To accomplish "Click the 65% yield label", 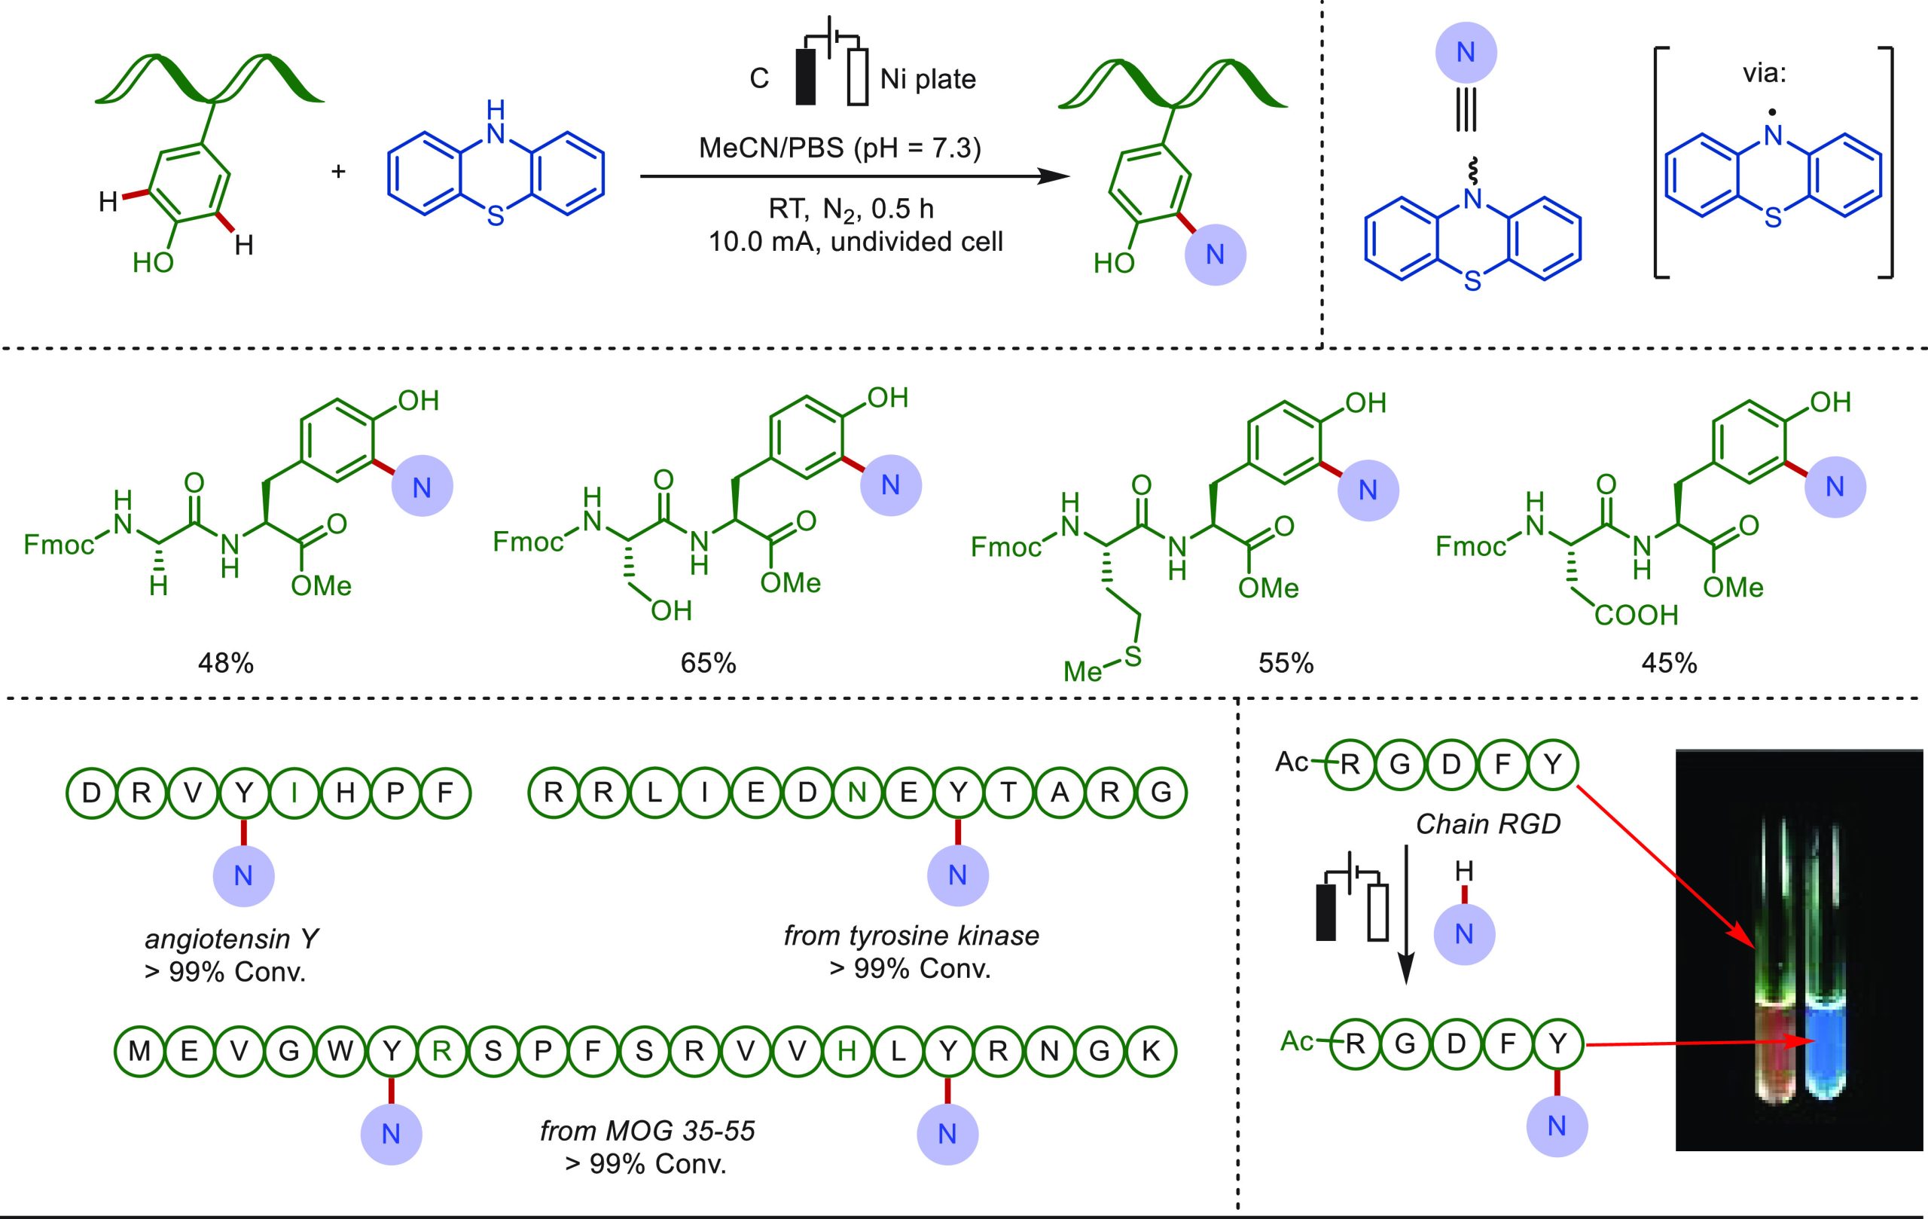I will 708,663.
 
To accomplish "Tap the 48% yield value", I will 226,663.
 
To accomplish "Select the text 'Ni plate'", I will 928,78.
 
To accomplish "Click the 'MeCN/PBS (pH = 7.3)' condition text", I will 840,148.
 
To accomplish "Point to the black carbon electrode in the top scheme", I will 806,77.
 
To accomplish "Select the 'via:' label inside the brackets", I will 1764,74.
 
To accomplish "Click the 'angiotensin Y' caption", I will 231,938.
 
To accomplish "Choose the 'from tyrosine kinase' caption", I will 911,935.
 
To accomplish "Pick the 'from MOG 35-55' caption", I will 647,1130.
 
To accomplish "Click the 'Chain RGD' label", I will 1487,824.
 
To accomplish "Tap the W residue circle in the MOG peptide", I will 340,1050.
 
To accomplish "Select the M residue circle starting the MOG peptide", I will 139,1050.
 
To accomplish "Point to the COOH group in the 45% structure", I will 1636,615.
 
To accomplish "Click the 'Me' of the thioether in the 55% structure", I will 1082,671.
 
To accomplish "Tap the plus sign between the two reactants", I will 338,170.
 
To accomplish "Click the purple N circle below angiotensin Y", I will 243,875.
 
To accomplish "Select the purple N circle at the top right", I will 1466,52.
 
